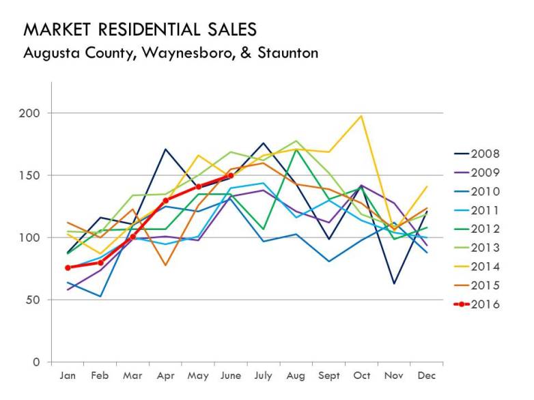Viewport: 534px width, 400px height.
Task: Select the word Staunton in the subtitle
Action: [x=288, y=53]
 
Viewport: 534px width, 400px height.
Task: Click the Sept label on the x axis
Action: [x=328, y=376]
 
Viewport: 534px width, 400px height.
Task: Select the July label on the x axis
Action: [x=263, y=376]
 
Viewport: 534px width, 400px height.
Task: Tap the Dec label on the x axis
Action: [x=427, y=376]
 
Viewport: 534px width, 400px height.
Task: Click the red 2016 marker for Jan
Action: [x=68, y=268]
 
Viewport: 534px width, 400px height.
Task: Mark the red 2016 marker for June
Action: [x=231, y=175]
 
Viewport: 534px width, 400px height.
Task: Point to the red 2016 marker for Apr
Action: [x=166, y=201]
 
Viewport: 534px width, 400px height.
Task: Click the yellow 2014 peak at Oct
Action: [x=361, y=115]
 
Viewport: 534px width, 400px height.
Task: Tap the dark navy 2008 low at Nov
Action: [x=394, y=283]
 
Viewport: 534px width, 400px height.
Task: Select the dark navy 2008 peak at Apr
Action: [x=166, y=149]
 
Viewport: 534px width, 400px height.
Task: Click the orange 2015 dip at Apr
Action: [x=166, y=265]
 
